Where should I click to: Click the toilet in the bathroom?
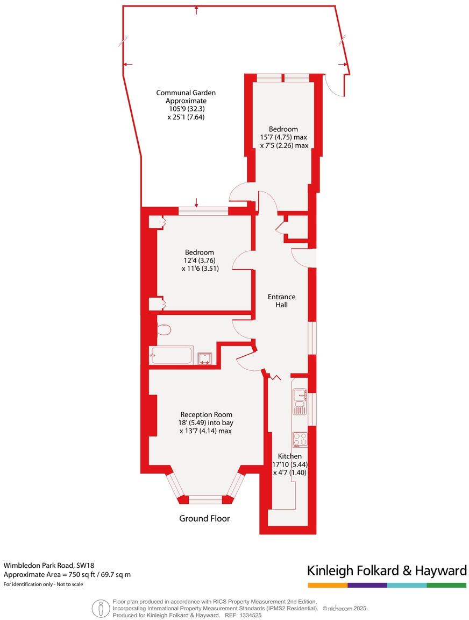click(164, 329)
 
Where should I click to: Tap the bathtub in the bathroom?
click(171, 355)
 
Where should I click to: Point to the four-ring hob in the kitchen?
click(300, 440)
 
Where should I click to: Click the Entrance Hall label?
click(282, 301)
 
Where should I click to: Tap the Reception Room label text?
click(206, 414)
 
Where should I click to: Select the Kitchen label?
click(289, 456)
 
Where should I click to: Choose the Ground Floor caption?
click(204, 519)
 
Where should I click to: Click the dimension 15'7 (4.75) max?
click(283, 137)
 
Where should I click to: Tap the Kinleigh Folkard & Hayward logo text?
click(386, 571)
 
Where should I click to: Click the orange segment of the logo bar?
click(328, 585)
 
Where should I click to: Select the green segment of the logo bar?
click(446, 585)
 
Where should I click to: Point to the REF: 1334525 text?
click(243, 615)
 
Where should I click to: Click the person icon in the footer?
click(100, 608)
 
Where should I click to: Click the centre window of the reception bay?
click(205, 499)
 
